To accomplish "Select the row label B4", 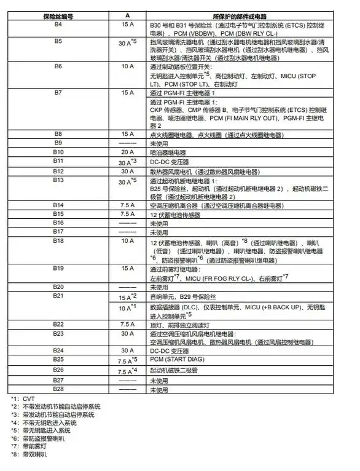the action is (x=58, y=24).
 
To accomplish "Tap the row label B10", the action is (x=58, y=151).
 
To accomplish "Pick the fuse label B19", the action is (x=58, y=269).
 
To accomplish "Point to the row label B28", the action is (x=58, y=390).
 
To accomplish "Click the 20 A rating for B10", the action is (x=127, y=151).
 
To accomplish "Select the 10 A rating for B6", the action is (x=127, y=65).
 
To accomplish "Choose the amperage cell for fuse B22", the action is (x=127, y=324).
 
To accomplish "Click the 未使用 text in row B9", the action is (x=159, y=142).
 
